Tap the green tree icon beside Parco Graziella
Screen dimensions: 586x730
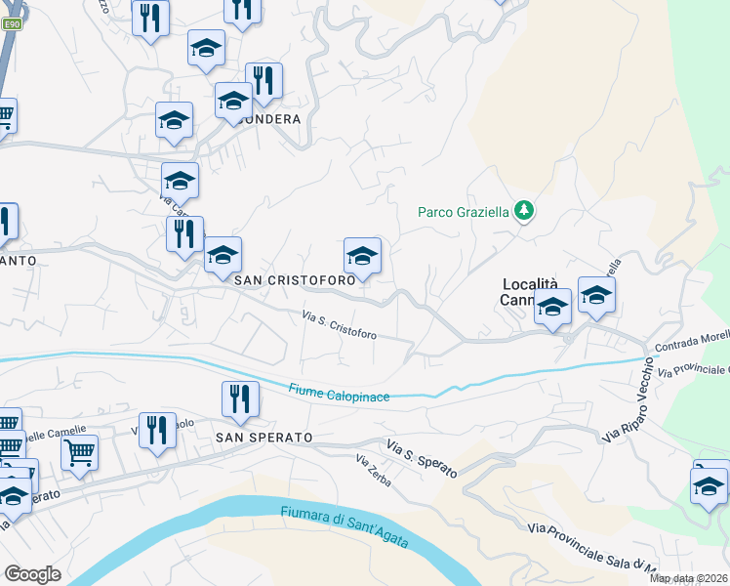pos(525,210)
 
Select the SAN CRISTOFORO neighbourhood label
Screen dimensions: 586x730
pos(294,279)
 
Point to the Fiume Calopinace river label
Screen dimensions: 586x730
pos(339,393)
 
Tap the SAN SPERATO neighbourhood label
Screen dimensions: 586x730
pos(264,438)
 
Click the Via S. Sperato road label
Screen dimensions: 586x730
pos(422,458)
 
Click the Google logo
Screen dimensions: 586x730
pos(32,573)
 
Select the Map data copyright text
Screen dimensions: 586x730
pos(689,578)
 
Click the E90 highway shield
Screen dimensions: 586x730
pos(11,26)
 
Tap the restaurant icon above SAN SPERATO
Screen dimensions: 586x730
pos(240,398)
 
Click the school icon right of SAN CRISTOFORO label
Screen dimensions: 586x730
pos(362,257)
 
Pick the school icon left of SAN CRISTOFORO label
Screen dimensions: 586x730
pos(223,256)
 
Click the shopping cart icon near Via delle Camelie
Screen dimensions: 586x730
pos(79,452)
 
